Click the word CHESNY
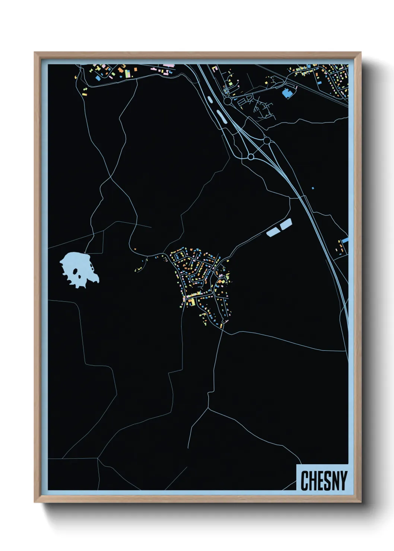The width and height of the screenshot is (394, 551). click(323, 481)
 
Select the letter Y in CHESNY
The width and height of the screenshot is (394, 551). click(343, 481)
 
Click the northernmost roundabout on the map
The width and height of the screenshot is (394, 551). click(228, 101)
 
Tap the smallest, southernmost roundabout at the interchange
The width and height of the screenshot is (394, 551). click(251, 157)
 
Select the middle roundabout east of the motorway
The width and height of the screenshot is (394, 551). click(267, 141)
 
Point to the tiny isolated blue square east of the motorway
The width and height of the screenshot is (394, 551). click(313, 188)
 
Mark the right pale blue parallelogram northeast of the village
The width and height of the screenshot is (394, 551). click(286, 224)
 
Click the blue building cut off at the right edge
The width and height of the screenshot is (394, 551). click(345, 241)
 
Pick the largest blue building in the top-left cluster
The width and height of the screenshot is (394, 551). click(98, 78)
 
